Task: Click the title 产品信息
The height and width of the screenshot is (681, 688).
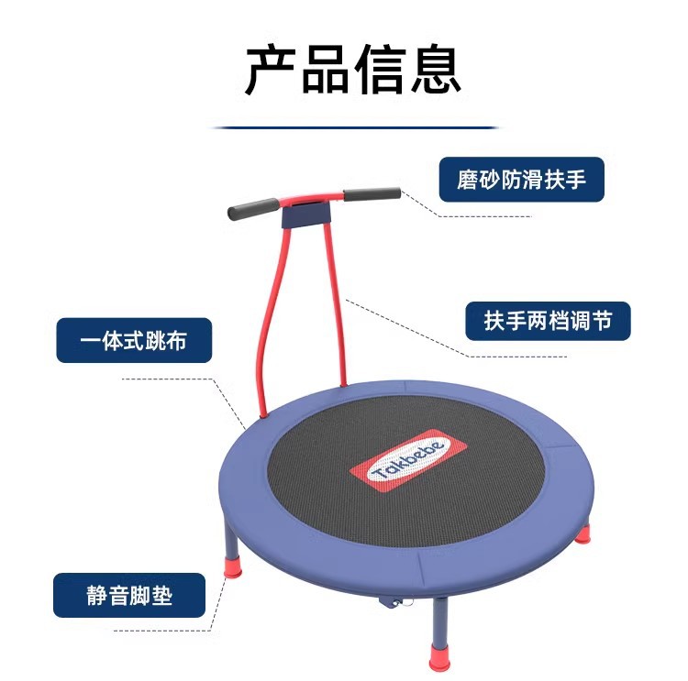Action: coord(352,68)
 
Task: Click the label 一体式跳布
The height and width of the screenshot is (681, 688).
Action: coord(134,341)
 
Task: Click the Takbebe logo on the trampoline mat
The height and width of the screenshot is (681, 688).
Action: coord(409,459)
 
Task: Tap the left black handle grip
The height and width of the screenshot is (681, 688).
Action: coord(254,207)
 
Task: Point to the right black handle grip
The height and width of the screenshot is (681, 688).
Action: coord(372,194)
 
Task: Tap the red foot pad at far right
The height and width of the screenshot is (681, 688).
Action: coord(583,533)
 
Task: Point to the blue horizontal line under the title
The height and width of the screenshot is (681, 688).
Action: coord(355,127)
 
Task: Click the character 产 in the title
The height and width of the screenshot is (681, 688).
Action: coord(271,68)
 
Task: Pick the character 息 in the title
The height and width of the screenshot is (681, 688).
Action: coord(435,68)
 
